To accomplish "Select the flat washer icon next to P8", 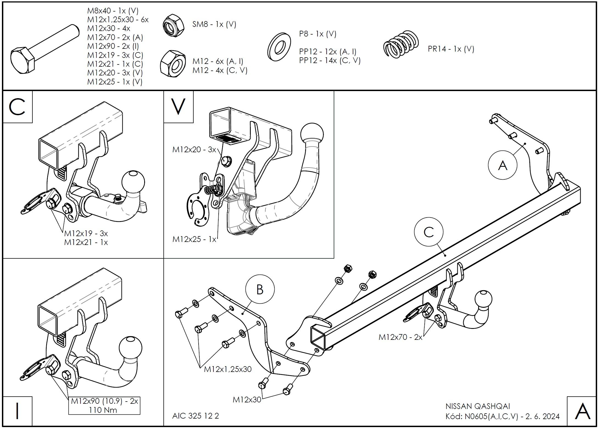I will point(279,47).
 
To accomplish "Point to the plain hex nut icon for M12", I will point(172,64).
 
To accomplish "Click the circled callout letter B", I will point(260,290).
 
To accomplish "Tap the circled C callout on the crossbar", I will point(428,232).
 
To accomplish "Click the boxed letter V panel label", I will point(178,107).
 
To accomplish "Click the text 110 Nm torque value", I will point(103,410).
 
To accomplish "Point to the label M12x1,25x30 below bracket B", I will point(228,369).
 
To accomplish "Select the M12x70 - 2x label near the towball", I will point(400,337).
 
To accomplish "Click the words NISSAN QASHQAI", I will point(478,406).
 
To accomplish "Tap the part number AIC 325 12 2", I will point(196,416).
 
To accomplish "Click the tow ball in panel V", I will point(312,134).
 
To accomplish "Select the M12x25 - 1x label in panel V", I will point(194,239).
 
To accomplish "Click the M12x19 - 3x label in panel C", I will point(86,233).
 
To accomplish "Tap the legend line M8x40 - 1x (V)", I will point(113,11).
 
